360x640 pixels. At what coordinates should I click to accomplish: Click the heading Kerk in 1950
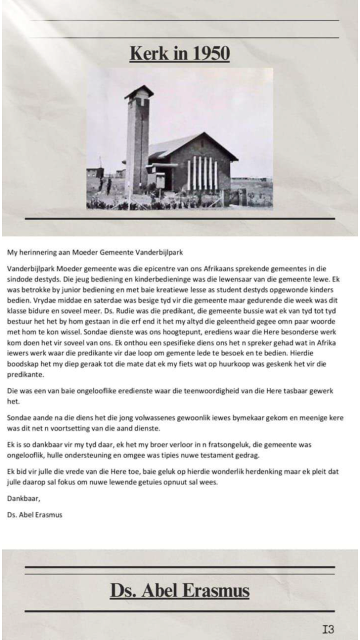tap(179, 53)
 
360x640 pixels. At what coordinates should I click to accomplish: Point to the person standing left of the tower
tap(108, 186)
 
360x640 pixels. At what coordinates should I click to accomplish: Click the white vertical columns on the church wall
tap(202, 173)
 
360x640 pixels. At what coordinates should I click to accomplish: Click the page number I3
tap(328, 629)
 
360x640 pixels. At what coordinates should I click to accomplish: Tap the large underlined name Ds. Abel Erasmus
tap(179, 590)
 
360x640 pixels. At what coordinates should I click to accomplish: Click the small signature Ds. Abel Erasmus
tap(35, 514)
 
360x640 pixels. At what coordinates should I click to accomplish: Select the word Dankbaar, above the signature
tap(22, 498)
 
